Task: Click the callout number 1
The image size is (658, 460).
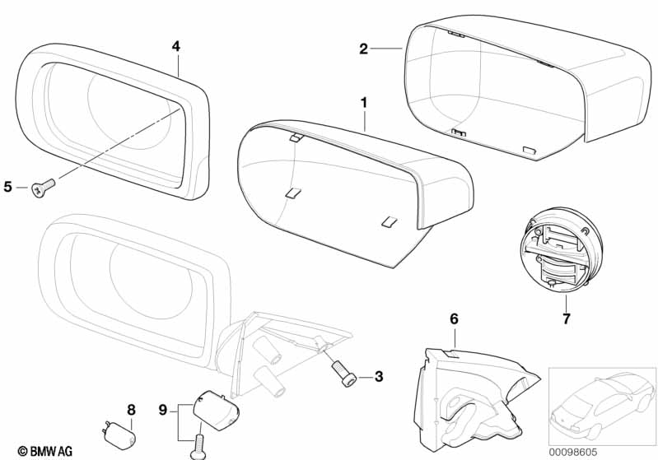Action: tap(364, 103)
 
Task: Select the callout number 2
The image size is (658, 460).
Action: tap(363, 49)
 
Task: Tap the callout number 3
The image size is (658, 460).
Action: tap(379, 377)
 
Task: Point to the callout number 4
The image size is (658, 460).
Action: tap(176, 47)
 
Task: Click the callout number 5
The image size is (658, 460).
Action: tap(7, 187)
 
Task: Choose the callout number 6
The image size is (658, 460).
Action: tap(454, 319)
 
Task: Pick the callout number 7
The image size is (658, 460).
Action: tap(567, 319)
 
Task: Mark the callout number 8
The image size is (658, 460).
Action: tap(131, 410)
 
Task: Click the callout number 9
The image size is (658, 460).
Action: tap(163, 410)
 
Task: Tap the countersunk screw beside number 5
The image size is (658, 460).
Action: tap(43, 188)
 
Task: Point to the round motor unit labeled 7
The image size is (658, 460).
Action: tap(561, 252)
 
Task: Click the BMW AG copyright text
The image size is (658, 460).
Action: tap(45, 451)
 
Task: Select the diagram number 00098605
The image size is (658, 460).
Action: tap(573, 453)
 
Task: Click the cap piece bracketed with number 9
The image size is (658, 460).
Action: tap(216, 411)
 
